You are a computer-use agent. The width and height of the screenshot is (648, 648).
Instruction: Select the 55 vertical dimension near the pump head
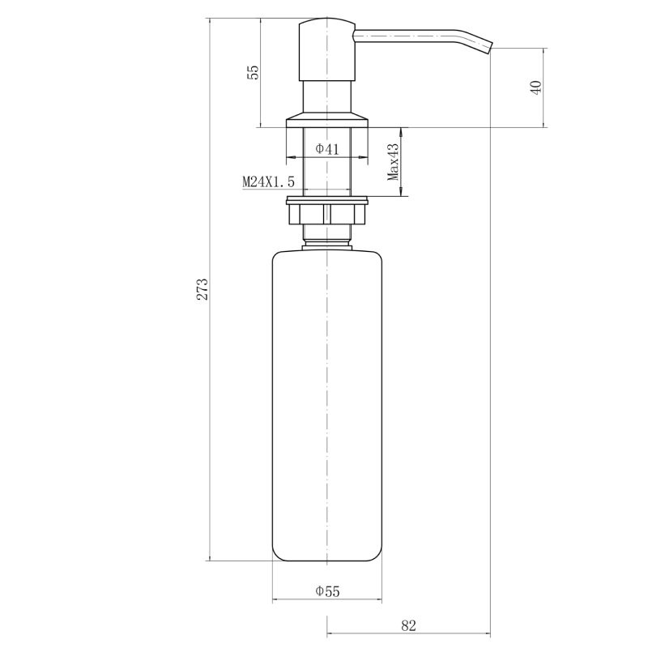253,72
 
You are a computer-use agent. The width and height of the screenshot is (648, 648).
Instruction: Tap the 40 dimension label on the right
536,87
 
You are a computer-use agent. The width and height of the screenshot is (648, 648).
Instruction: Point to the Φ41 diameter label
327,149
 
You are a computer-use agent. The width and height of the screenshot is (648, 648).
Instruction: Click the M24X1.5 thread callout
268,181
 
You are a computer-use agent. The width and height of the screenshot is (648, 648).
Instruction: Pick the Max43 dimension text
394,162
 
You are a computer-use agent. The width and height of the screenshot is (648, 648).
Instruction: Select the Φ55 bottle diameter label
327,591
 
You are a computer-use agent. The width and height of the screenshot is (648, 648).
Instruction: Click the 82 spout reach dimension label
408,625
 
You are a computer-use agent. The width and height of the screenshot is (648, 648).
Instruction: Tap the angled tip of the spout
488,47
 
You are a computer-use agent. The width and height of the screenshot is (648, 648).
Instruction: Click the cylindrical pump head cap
327,49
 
